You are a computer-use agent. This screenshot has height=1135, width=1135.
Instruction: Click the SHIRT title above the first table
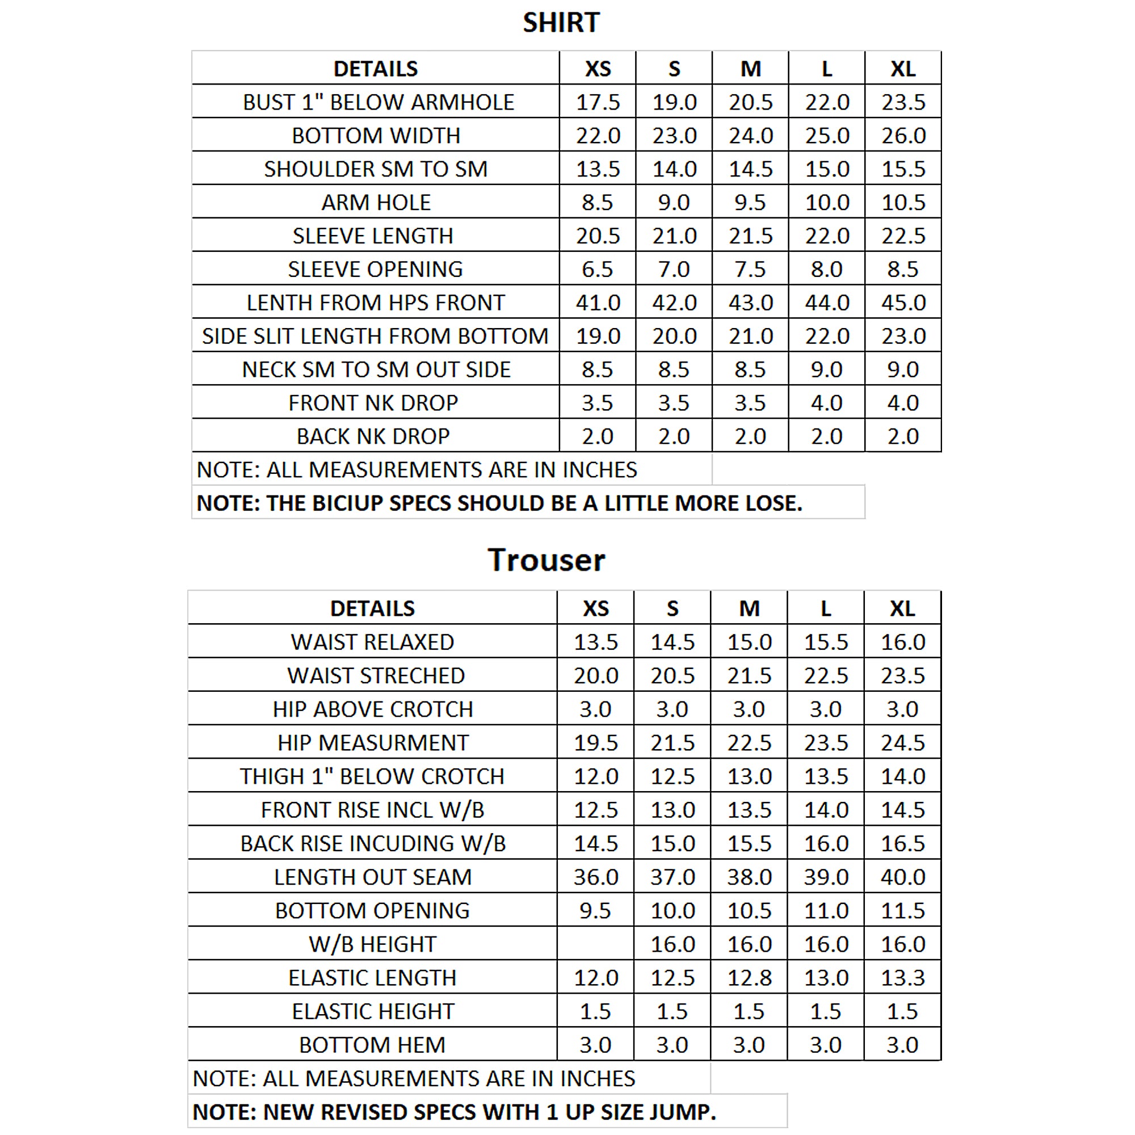[561, 23]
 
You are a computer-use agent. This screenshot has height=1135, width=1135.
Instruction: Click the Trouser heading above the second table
[546, 560]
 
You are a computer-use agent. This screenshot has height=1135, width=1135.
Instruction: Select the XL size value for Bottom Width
[903, 136]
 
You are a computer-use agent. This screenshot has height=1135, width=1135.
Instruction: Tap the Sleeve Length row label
[373, 236]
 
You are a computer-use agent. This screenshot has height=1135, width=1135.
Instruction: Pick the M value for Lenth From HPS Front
[750, 303]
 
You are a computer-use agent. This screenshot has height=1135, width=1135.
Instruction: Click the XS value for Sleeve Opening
[598, 270]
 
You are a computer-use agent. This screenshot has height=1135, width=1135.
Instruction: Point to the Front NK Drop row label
[373, 403]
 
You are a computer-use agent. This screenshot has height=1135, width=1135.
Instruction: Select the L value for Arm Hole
[827, 203]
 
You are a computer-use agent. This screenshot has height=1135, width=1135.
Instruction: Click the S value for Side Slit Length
[674, 337]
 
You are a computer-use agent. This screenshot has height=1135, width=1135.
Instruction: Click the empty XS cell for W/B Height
[595, 944]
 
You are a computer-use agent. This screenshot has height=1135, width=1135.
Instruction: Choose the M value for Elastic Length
[749, 978]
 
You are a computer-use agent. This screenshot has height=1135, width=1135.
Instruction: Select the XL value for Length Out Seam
[902, 877]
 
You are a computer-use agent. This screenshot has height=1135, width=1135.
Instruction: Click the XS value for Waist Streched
[596, 675]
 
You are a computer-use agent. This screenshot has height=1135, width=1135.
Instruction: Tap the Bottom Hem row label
[372, 1045]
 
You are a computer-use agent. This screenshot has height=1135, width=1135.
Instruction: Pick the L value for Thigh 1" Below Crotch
[825, 777]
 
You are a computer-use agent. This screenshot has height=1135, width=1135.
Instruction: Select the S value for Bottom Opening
[672, 911]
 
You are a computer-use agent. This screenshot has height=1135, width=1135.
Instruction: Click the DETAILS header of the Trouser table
[372, 608]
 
